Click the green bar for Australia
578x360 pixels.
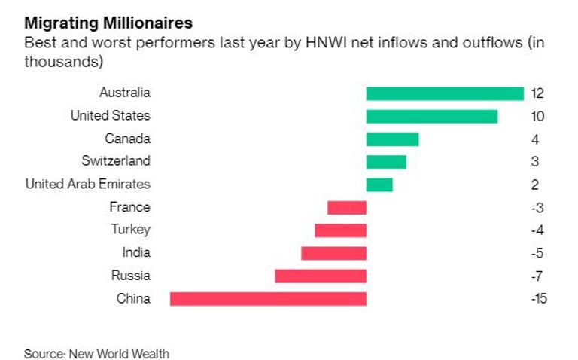coord(445,93)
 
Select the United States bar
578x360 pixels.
coord(431,116)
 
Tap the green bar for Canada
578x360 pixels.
coord(392,139)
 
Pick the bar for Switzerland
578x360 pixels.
coord(386,162)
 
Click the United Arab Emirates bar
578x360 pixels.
coord(379,185)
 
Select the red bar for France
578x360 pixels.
coord(347,207)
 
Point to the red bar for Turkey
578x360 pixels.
coord(340,230)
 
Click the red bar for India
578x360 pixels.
coord(333,253)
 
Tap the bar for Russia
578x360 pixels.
coord(321,276)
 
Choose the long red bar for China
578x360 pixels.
coord(268,298)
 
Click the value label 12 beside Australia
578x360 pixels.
coord(537,94)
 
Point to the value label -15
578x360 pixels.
coord(538,299)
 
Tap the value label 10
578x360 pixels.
coord(537,117)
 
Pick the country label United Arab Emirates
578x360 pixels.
coord(87,184)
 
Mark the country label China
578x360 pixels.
coord(133,298)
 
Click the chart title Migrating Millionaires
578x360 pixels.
coord(108,22)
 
